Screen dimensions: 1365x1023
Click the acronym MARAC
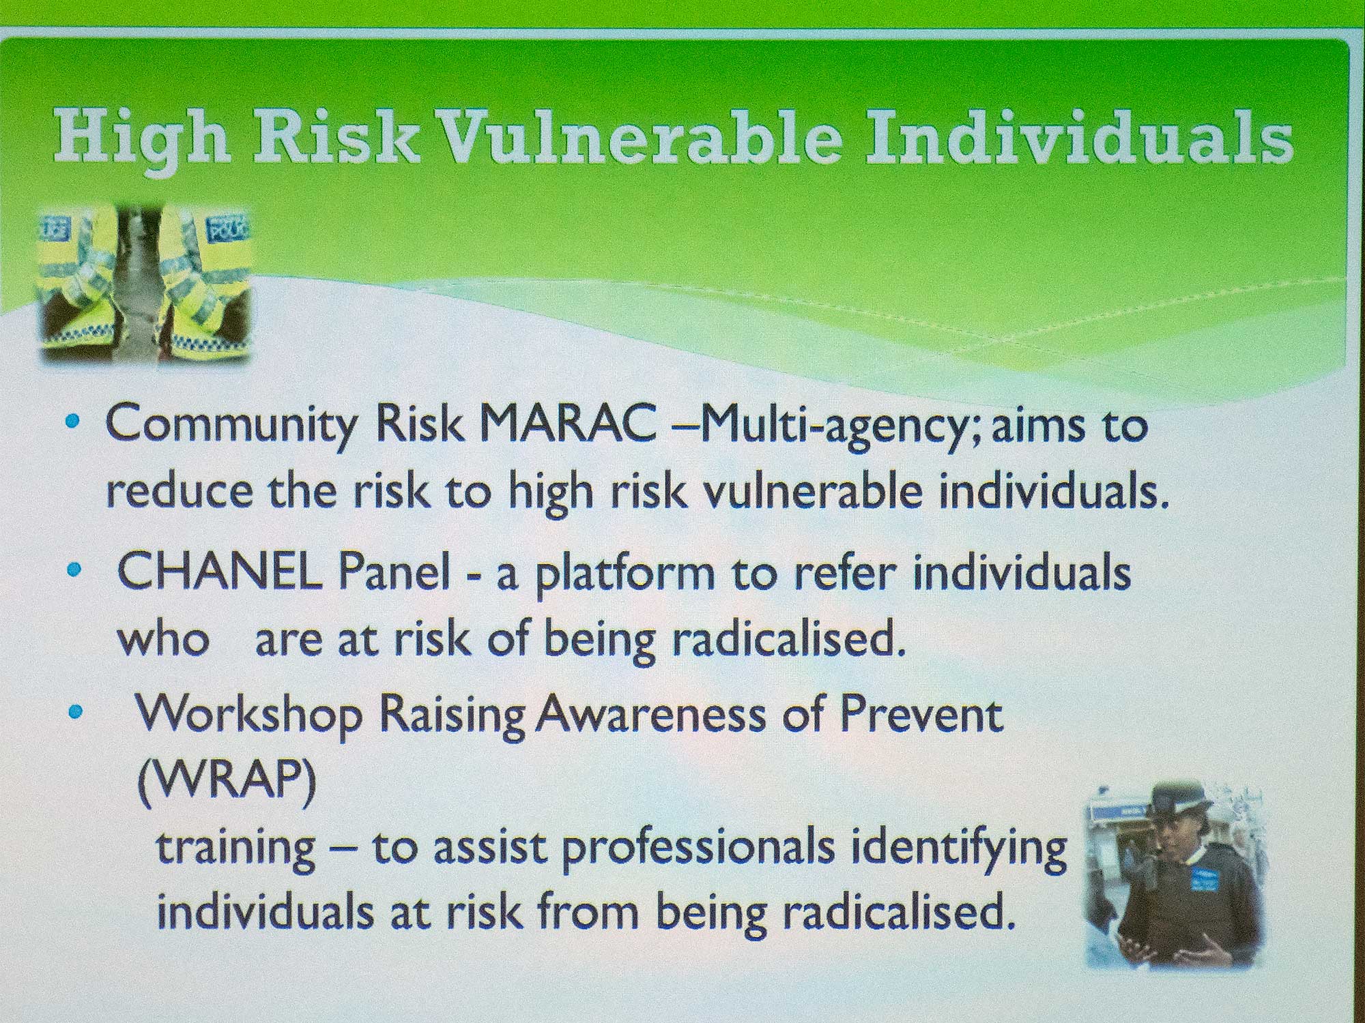[569, 424]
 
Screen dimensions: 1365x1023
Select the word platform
[625, 575]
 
